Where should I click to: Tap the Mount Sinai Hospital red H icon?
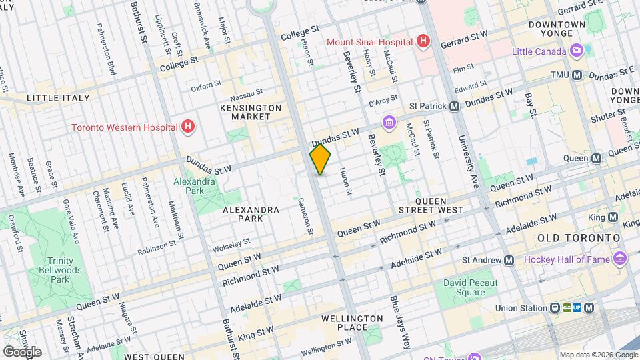pyautogui.click(x=421, y=41)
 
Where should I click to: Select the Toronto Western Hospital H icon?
pyautogui.click(x=189, y=127)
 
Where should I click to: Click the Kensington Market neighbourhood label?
pyautogui.click(x=251, y=112)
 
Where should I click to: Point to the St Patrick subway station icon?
pyautogui.click(x=454, y=106)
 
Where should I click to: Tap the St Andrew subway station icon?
pyautogui.click(x=509, y=260)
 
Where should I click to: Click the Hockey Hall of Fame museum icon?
pyautogui.click(x=621, y=259)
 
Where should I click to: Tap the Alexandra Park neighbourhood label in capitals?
pyautogui.click(x=251, y=214)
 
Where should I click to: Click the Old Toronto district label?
pyautogui.click(x=579, y=238)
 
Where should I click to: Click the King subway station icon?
pyautogui.click(x=613, y=217)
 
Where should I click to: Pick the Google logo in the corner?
pyautogui.click(x=22, y=351)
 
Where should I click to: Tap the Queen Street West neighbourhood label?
pyautogui.click(x=439, y=205)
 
